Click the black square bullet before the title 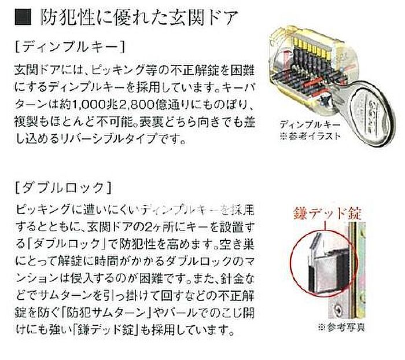(x=23, y=17)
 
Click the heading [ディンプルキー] (x=70, y=47)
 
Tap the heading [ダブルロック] (x=63, y=188)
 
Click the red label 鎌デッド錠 (x=327, y=214)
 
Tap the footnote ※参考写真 (x=342, y=328)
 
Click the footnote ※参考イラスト (x=311, y=135)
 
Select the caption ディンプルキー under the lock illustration (x=310, y=125)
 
